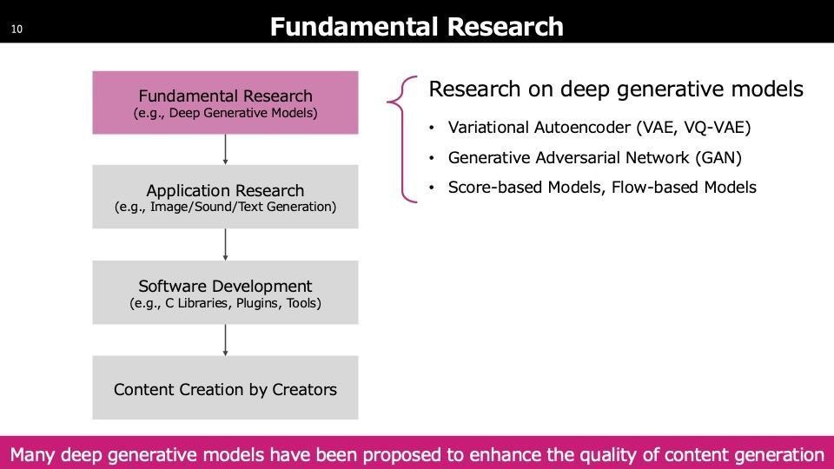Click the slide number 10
(x=17, y=30)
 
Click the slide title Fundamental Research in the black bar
(x=416, y=27)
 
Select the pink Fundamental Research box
(x=226, y=102)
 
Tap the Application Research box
(x=226, y=197)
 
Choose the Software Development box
(x=226, y=293)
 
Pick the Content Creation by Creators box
(x=226, y=387)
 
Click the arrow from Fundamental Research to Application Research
(x=226, y=149)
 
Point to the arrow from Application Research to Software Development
(x=226, y=245)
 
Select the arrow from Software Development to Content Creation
(x=226, y=340)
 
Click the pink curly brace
(x=402, y=139)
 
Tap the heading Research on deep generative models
(x=616, y=89)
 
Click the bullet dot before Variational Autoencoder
(x=432, y=128)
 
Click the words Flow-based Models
(x=684, y=188)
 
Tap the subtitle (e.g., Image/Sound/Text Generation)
(x=226, y=207)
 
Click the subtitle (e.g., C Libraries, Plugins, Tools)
(x=226, y=303)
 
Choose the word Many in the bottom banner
(x=32, y=456)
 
